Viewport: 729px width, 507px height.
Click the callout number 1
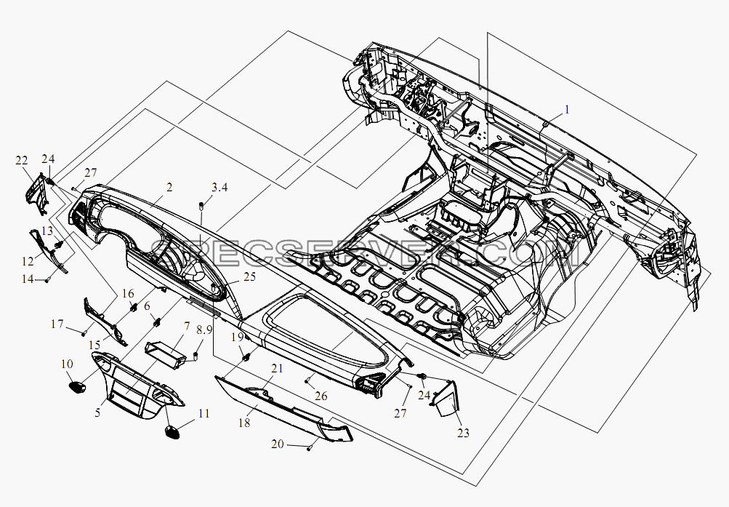coord(567,110)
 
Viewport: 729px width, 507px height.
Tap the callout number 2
coord(169,188)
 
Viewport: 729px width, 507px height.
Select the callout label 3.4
coord(219,188)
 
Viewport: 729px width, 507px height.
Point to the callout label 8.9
coord(204,332)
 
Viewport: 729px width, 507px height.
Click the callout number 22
coord(21,161)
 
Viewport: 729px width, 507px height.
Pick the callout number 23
coord(463,433)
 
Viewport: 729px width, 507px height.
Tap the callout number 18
coord(244,423)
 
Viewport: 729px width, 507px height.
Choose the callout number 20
coord(277,444)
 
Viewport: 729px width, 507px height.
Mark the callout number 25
coord(250,276)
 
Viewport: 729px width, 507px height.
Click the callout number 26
coord(321,396)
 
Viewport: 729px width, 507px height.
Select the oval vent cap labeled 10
coord(77,386)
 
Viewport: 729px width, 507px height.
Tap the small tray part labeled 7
coord(166,353)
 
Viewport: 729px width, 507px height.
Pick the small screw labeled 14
coord(47,280)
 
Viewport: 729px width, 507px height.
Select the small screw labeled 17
coord(84,333)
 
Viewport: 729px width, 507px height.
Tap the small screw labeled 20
coord(309,448)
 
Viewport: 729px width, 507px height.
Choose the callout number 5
coord(97,412)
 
